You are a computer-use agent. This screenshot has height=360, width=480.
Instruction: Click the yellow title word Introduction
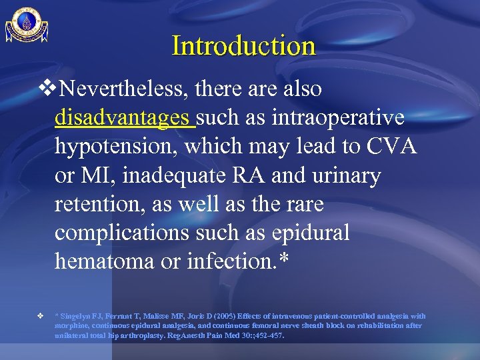tap(243, 46)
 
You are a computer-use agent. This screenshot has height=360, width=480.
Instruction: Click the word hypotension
tap(121, 147)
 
